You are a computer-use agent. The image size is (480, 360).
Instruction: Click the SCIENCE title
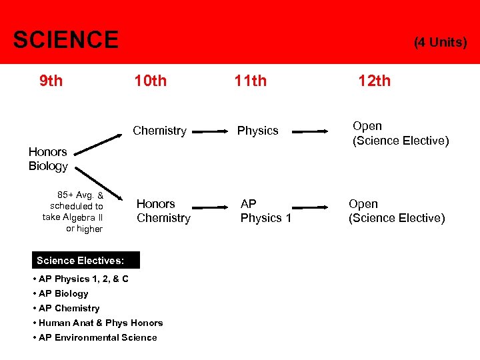65,40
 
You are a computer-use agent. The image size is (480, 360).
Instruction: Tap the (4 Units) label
440,43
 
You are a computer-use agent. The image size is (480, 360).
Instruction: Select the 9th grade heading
51,81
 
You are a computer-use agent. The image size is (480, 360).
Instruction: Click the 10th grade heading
150,81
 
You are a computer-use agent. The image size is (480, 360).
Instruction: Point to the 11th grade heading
250,81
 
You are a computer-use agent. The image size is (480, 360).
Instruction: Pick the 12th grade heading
374,81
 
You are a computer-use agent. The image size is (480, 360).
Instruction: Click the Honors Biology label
48,159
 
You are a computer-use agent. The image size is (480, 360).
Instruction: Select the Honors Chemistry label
163,211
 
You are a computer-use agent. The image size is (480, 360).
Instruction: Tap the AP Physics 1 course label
265,211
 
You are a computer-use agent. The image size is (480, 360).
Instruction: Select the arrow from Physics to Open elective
315,132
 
